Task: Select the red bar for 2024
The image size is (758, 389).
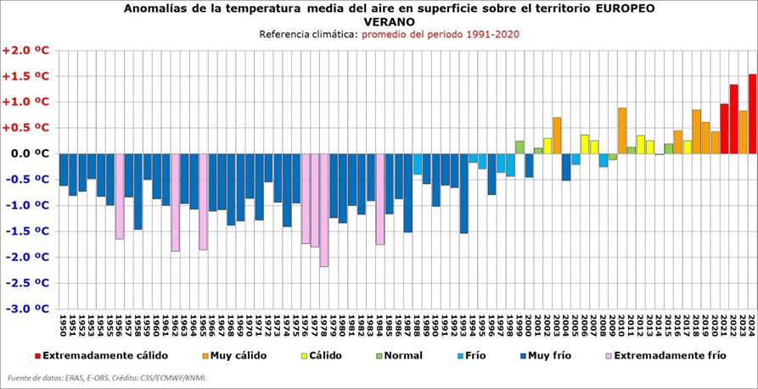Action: tap(752, 114)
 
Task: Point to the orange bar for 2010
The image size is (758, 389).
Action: tap(622, 131)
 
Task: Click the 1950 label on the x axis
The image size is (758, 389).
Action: tap(64, 326)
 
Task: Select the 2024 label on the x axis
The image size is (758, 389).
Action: tap(752, 326)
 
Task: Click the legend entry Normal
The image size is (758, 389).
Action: tap(402, 356)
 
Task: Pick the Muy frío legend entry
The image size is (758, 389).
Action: tap(553, 356)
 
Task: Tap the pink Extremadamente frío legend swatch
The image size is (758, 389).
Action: tap(607, 356)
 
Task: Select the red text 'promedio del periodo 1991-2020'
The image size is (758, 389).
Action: tap(441, 35)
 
